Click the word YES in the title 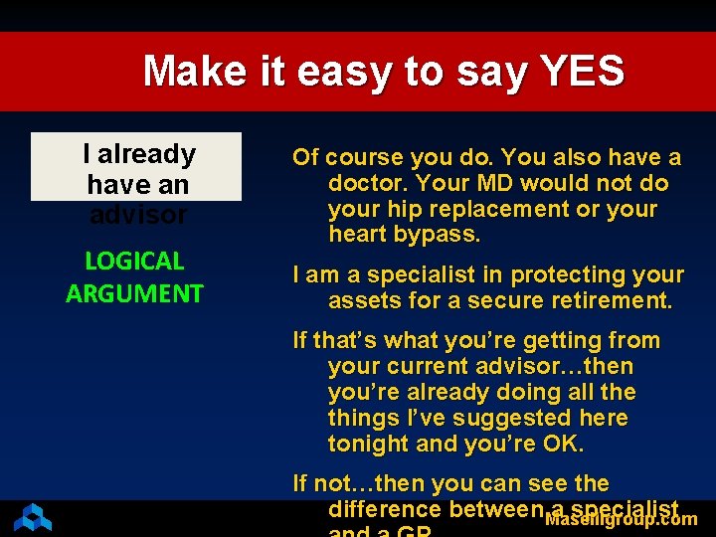(x=582, y=72)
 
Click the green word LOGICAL (x=135, y=262)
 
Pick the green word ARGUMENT (x=135, y=293)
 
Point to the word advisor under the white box (x=137, y=215)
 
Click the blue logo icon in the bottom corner (x=32, y=517)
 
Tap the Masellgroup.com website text (x=622, y=519)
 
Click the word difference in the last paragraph (x=385, y=509)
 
